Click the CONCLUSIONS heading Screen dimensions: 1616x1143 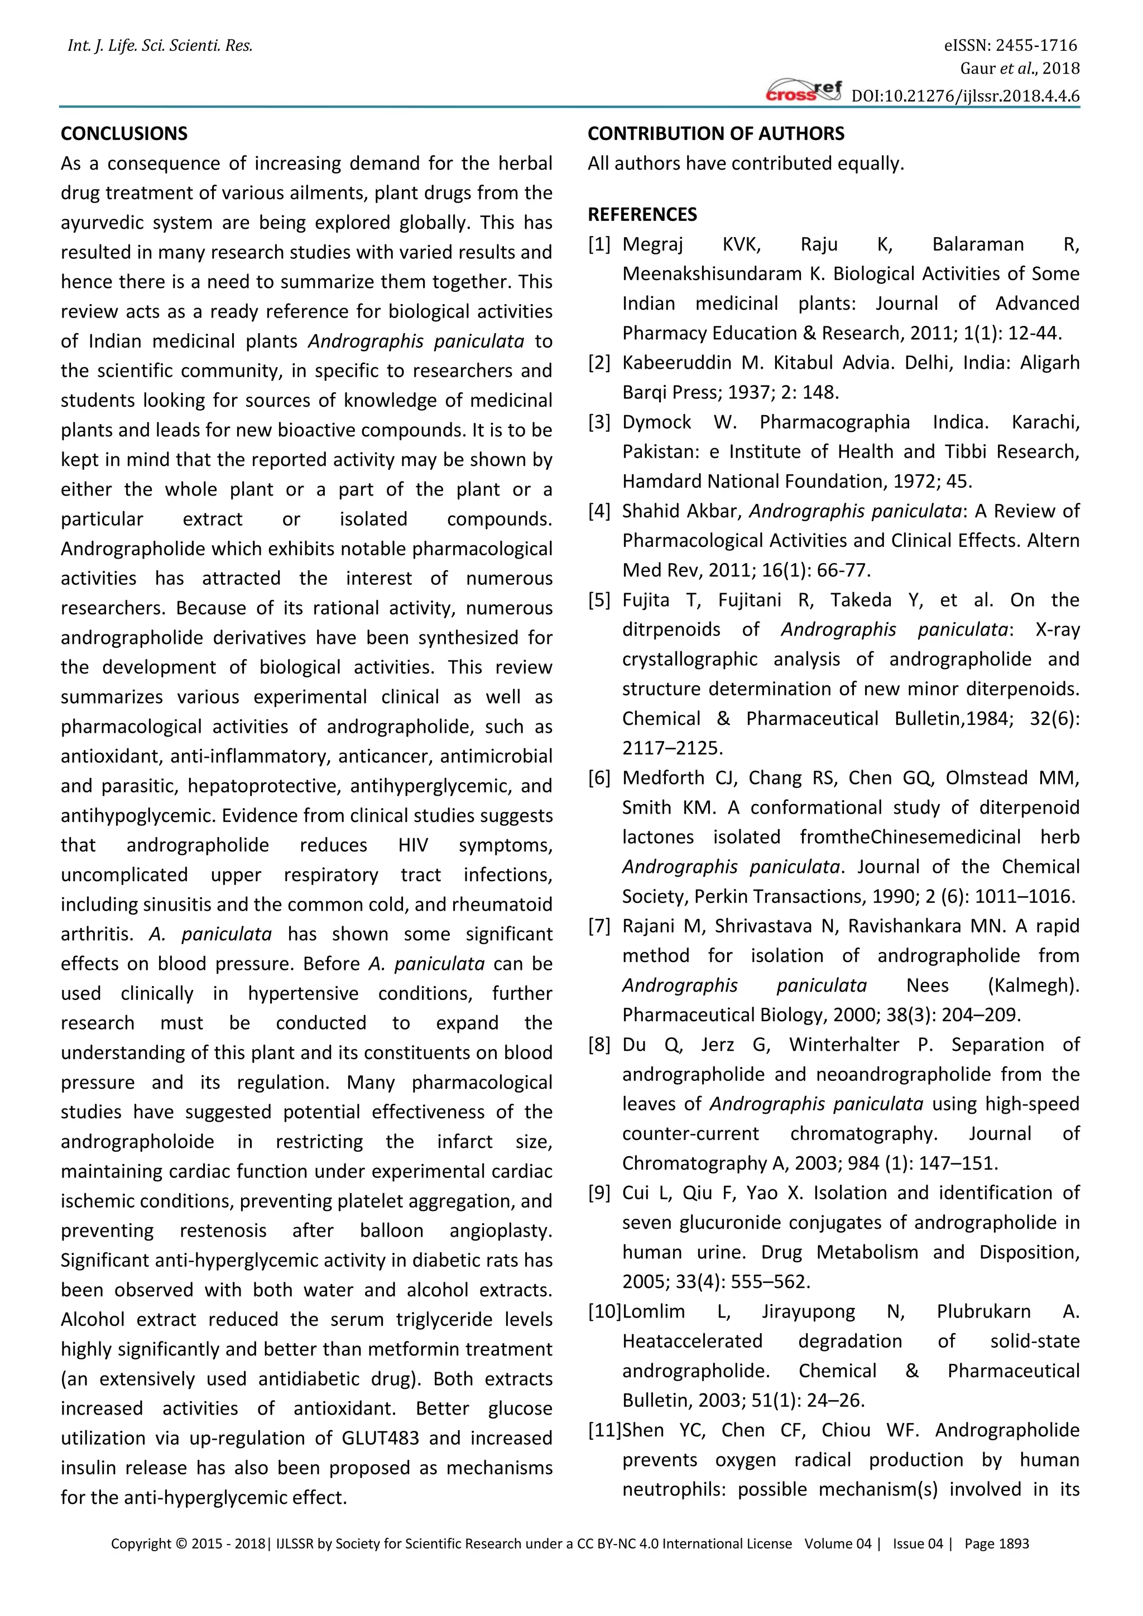click(124, 134)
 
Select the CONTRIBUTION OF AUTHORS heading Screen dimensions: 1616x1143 click(716, 134)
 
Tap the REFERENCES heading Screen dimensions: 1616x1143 click(642, 215)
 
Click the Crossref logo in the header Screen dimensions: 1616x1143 click(804, 92)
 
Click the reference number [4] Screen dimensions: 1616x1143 click(599, 511)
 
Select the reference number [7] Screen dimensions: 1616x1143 click(599, 926)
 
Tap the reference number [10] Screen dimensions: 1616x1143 click(604, 1312)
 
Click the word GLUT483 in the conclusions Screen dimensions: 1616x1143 click(380, 1438)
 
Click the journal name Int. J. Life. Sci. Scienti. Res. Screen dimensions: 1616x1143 click(160, 46)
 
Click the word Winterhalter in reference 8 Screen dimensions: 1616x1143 click(843, 1045)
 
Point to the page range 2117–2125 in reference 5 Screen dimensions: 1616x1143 click(662, 748)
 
